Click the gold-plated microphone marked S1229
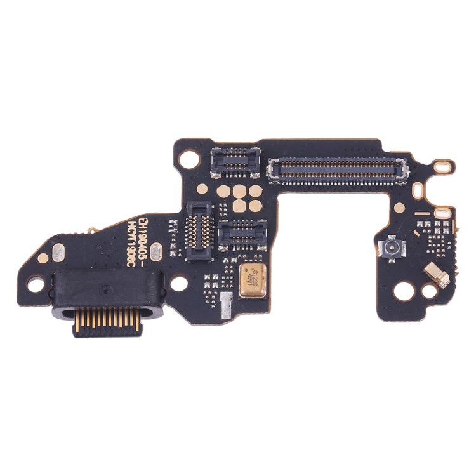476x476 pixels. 253,280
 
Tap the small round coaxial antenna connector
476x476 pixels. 392,247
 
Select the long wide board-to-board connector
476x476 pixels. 338,170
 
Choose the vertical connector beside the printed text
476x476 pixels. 199,231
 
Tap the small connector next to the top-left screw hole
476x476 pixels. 235,162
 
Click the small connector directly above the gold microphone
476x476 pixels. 242,235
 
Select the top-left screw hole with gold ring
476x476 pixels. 190,159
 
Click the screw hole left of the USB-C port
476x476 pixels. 36,284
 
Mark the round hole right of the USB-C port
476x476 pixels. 180,283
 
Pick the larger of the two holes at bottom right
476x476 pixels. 404,291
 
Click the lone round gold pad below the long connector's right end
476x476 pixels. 399,208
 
